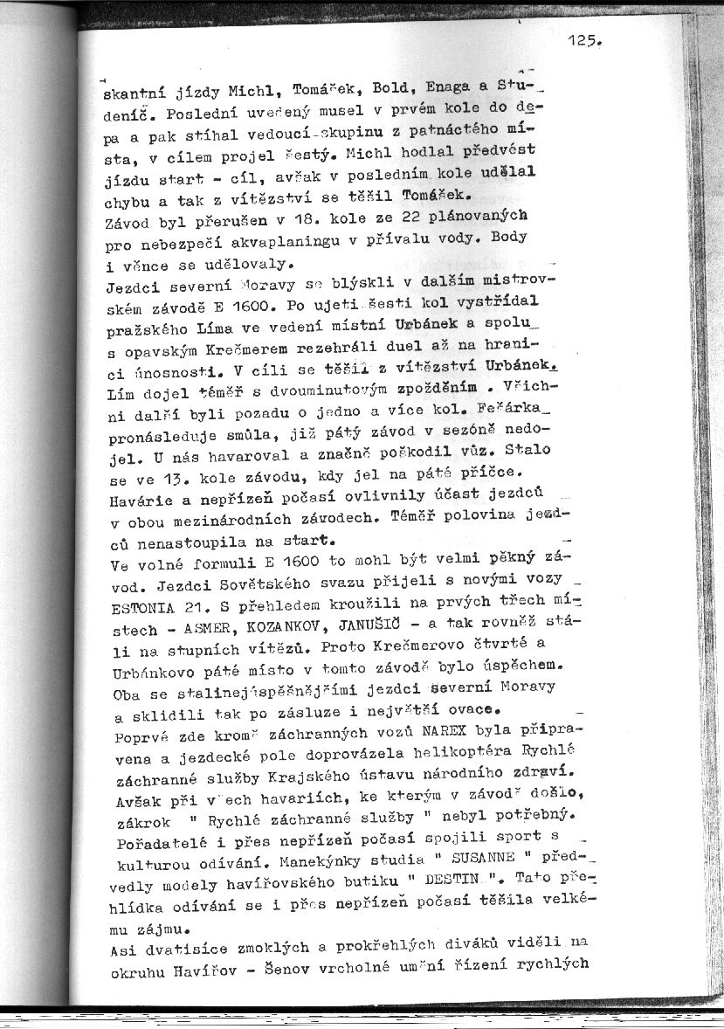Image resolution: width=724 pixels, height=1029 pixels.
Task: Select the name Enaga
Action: pyautogui.click(x=448, y=88)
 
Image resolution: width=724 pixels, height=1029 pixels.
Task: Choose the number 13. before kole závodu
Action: pyautogui.click(x=161, y=476)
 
